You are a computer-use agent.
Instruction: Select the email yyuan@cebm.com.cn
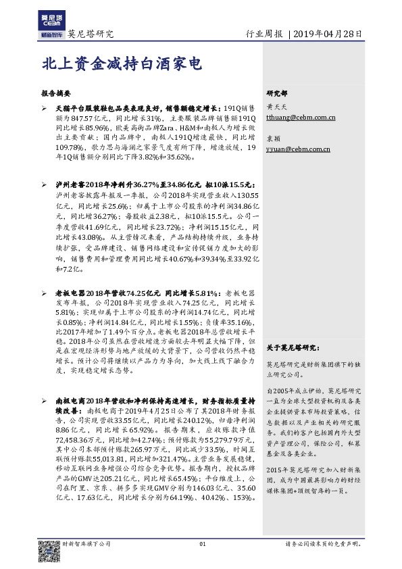[x=298, y=149]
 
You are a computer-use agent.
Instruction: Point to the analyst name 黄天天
[x=275, y=107]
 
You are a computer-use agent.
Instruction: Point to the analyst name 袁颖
[x=272, y=139]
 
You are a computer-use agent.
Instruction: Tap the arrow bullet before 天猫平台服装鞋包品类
[x=45, y=107]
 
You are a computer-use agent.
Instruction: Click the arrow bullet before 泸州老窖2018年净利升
[x=45, y=183]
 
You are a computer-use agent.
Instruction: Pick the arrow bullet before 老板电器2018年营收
[x=45, y=293]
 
